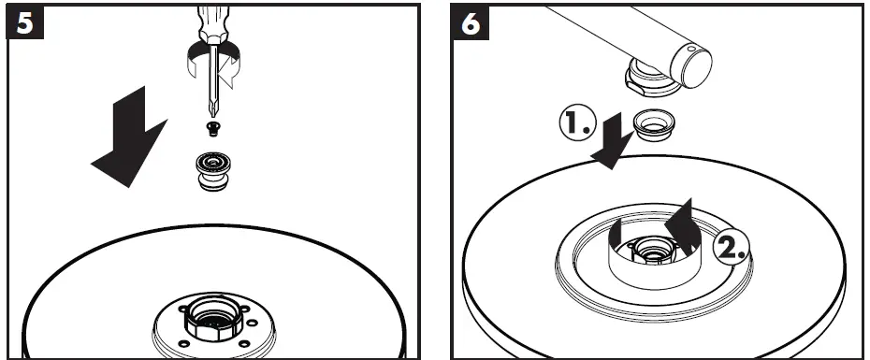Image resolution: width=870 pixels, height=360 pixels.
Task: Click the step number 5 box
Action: pos(24,22)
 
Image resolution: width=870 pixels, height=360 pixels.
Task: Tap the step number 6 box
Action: pos(471,22)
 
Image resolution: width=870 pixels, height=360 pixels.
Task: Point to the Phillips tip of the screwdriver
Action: pos(212,111)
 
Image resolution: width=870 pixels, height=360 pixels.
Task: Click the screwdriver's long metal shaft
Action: pos(213,78)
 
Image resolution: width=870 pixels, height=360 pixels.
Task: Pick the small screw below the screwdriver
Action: pos(212,129)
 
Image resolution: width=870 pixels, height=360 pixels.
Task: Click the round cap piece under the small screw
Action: pos(213,171)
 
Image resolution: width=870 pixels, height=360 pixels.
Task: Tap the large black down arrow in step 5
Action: pos(131,137)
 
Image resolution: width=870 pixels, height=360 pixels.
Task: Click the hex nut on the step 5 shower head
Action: pos(213,319)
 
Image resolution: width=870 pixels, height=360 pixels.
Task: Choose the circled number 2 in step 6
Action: pos(732,248)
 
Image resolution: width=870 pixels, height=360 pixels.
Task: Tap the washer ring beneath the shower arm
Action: pos(654,125)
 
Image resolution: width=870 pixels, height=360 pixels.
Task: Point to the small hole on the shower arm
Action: pos(689,50)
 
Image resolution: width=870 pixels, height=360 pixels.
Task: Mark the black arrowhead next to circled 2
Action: pos(683,227)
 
